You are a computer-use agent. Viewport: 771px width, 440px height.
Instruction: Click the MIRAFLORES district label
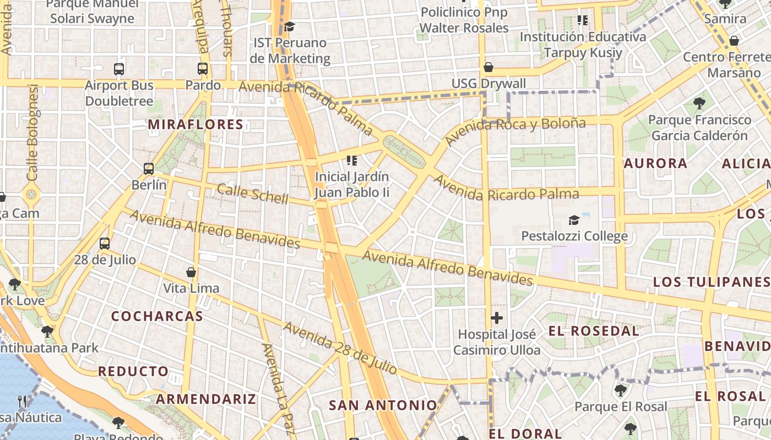tap(196, 124)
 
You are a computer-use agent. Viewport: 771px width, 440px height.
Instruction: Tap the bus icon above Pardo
tap(203, 69)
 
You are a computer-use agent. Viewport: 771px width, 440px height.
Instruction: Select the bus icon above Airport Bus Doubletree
tap(119, 69)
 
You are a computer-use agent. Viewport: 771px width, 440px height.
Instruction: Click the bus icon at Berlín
tap(149, 169)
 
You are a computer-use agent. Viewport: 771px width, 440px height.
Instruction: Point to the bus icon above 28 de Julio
tap(105, 243)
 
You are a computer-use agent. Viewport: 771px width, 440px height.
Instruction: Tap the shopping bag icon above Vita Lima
tap(191, 272)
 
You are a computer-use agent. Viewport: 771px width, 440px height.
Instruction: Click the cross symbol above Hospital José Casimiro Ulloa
tap(497, 318)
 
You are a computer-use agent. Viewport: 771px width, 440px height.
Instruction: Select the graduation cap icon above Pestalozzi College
tap(574, 221)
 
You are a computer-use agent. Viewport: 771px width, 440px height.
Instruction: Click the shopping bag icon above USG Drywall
tap(488, 67)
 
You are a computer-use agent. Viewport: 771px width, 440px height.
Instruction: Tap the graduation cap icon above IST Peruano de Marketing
tap(289, 26)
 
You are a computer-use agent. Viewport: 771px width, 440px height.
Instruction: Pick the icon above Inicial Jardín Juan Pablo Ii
tap(351, 161)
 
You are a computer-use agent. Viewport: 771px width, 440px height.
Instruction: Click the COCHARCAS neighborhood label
tap(157, 316)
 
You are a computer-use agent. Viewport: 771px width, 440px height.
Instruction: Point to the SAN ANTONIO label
tap(383, 405)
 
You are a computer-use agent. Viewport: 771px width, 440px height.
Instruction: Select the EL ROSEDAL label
tap(594, 331)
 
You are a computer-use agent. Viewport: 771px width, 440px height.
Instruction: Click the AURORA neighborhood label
tap(655, 163)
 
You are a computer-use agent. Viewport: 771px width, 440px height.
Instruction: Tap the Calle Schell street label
tap(252, 194)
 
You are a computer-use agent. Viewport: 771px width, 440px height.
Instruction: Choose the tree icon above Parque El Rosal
tap(620, 391)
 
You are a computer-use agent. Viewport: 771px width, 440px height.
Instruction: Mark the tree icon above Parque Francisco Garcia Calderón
tap(699, 103)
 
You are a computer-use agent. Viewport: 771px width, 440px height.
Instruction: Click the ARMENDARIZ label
tap(206, 399)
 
